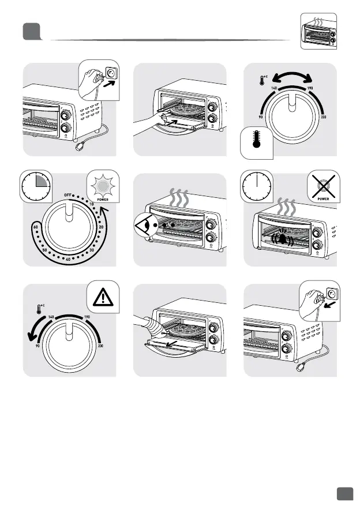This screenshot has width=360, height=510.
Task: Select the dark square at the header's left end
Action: coord(31,31)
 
